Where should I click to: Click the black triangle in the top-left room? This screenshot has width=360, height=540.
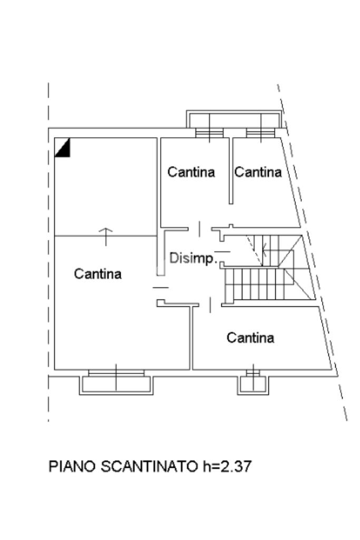pos(63,148)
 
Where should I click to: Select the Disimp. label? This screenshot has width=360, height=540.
pos(193,258)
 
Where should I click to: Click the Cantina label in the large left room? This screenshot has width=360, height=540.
pos(98,274)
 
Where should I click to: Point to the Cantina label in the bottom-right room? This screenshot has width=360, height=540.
pos(250,337)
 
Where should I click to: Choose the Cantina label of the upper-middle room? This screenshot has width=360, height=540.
pos(191,172)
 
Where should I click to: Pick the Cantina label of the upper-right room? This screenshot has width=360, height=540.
pos(258,172)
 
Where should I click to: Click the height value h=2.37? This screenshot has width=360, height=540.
pos(227,467)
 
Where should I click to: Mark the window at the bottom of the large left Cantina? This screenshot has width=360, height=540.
pos(116,373)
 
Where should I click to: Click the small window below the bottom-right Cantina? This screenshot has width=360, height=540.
pos(253,373)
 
